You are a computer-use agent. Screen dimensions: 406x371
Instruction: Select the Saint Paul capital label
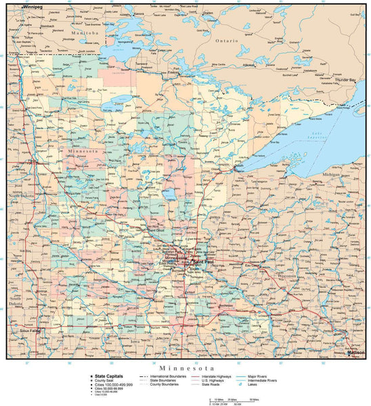(x=204, y=262)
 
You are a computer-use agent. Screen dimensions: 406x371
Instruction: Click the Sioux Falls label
(x=30, y=332)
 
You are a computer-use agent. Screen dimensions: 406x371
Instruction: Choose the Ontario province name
(x=227, y=41)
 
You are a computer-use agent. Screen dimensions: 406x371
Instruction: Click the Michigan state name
(x=332, y=174)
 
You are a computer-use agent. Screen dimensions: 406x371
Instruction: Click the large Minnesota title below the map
(x=185, y=365)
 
